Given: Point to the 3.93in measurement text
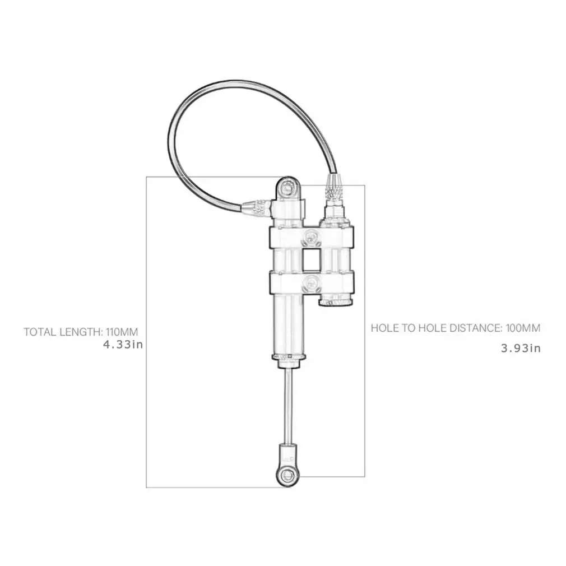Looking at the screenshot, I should click(521, 348).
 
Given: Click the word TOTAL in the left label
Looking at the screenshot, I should click(40, 331).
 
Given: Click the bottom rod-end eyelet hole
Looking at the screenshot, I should click(289, 475).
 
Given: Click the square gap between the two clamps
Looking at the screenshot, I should click(312, 260).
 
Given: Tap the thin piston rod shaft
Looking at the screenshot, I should click(288, 403).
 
